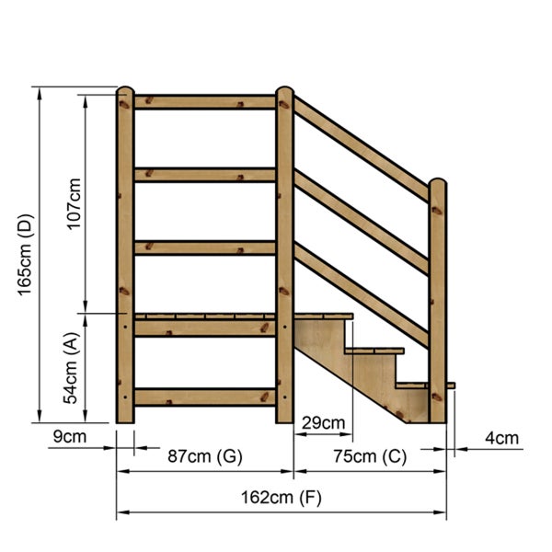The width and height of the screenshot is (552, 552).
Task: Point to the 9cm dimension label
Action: [x=70, y=437]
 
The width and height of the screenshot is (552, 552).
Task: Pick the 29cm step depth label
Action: [x=323, y=423]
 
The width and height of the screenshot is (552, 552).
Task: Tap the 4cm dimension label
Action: [x=501, y=438]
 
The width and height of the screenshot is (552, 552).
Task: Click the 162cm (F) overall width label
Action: [x=282, y=498]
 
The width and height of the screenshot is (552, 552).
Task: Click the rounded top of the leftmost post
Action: [x=125, y=91]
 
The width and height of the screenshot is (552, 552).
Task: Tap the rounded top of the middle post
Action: [x=284, y=92]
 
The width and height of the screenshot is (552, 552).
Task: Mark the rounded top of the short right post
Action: [x=437, y=184]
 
